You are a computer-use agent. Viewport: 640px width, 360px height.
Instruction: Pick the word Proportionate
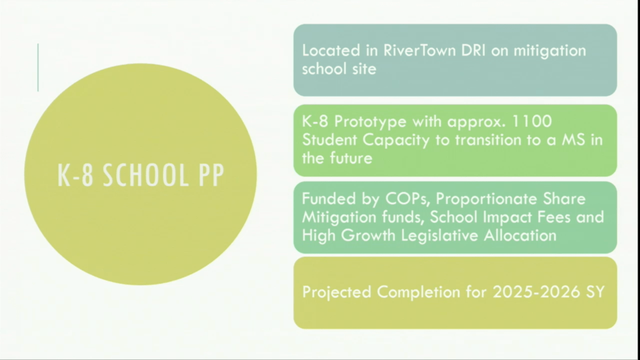[487, 199]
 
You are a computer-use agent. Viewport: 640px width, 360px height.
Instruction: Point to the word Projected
[337, 292]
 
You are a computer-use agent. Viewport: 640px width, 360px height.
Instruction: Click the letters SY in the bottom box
[596, 292]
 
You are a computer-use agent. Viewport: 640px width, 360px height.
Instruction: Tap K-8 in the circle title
[76, 175]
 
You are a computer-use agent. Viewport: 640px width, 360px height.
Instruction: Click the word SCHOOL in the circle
[146, 175]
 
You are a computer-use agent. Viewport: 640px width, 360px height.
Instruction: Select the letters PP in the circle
[211, 175]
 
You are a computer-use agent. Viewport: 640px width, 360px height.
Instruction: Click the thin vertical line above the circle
[38, 67]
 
